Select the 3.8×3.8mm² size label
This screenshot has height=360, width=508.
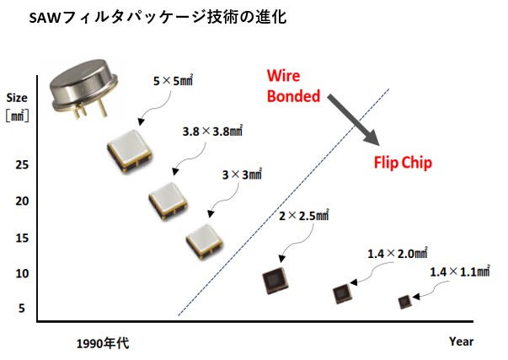tap(212, 132)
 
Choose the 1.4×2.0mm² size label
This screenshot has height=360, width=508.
tap(398, 253)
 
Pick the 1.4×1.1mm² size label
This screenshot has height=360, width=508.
tap(460, 271)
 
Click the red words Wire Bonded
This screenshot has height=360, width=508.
tap(293, 86)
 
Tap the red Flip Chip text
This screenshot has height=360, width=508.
tap(403, 163)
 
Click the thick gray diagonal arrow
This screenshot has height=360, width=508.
tap(352, 118)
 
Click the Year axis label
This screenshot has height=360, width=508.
tap(461, 341)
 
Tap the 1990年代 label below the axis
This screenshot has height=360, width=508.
tap(103, 343)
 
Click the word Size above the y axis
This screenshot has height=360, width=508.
tap(17, 96)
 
